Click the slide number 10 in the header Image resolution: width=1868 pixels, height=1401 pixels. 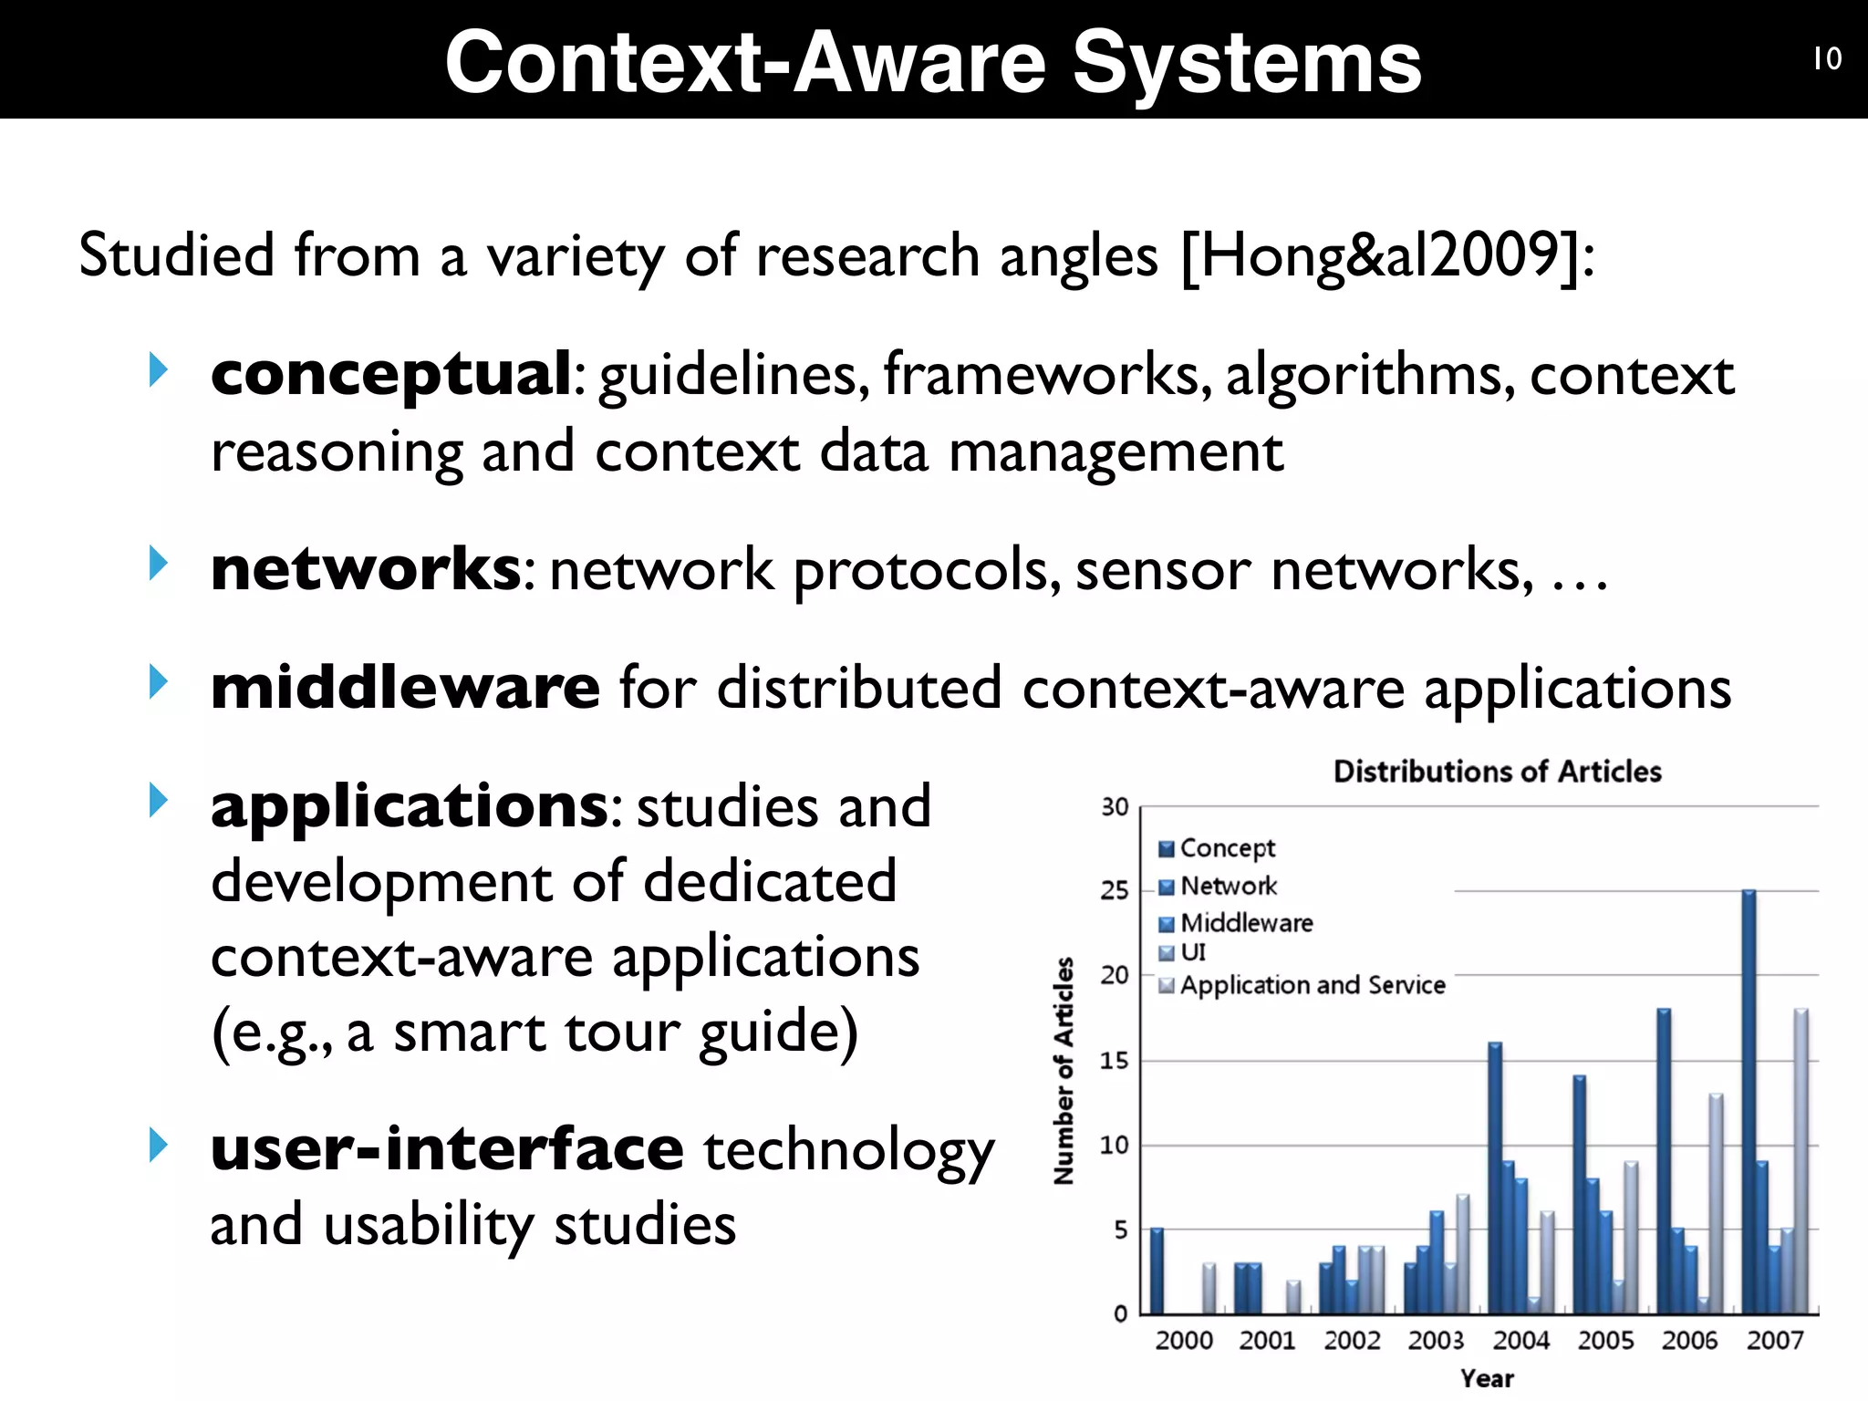(1827, 59)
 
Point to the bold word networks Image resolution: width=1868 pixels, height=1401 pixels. (365, 569)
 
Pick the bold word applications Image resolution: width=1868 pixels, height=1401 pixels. (409, 806)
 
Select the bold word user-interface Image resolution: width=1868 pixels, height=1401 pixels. (446, 1148)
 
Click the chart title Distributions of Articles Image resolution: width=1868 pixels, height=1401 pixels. (1497, 772)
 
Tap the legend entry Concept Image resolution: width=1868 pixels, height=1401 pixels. (1226, 848)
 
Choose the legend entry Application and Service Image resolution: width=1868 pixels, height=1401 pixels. (1312, 985)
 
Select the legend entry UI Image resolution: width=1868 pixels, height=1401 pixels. (1192, 952)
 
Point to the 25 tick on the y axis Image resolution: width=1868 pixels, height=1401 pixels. (1114, 890)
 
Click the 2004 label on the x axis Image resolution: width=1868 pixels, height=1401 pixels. (1520, 1340)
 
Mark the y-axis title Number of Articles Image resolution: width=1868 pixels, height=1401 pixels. (1064, 1071)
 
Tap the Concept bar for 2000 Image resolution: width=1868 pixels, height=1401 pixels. (1157, 1271)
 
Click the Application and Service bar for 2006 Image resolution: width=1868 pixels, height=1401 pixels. (1716, 1204)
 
